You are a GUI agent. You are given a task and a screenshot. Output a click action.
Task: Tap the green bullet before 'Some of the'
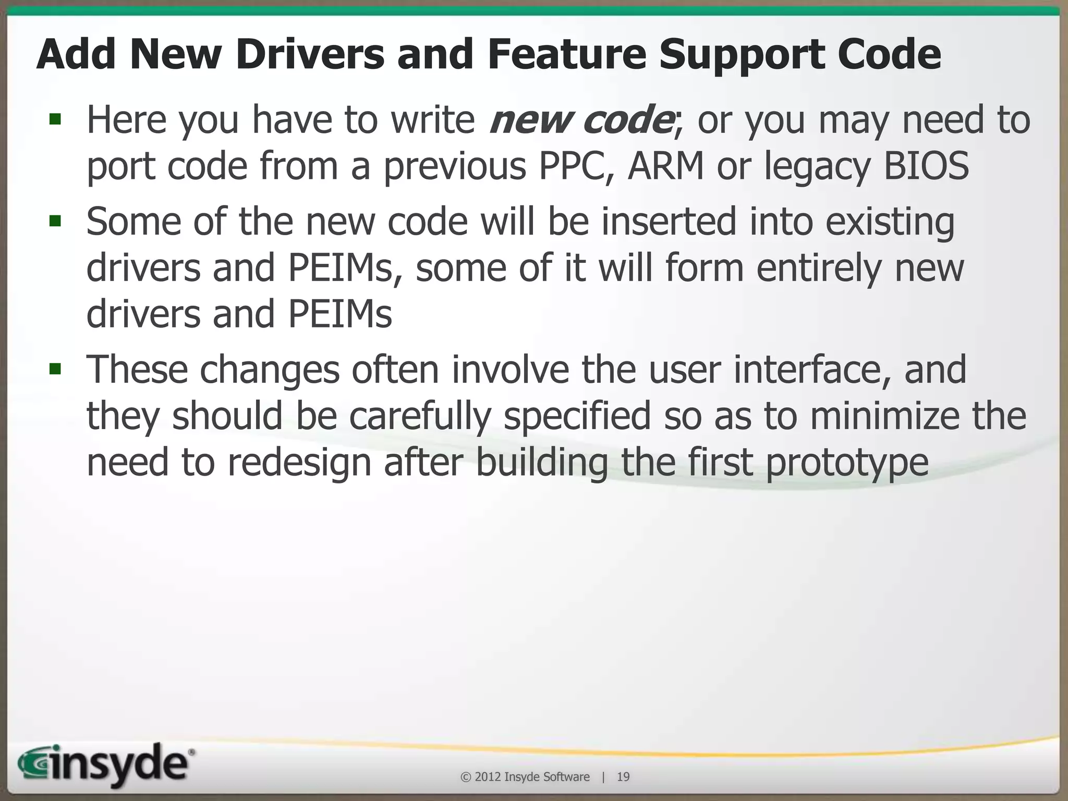55,222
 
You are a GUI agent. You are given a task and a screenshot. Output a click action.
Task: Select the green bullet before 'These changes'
55,370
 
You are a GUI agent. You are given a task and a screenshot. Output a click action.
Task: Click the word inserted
669,221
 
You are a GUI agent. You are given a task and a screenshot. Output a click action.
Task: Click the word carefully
420,416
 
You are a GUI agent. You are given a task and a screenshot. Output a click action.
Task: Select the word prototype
847,463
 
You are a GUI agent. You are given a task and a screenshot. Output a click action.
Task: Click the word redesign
299,463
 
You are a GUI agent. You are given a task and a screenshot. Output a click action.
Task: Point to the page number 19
623,777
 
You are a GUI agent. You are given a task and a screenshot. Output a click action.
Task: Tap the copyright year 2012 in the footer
488,777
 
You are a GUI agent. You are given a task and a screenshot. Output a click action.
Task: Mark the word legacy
817,166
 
